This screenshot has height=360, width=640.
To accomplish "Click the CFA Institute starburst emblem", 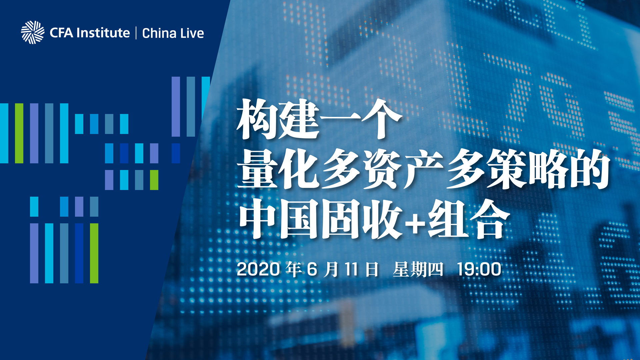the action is click(33, 32).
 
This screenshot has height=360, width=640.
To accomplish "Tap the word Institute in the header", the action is click(103, 33).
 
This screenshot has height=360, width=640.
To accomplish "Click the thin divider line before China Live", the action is click(136, 33).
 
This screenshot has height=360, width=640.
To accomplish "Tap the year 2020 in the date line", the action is click(258, 269).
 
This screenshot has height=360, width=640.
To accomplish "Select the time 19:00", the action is click(479, 269).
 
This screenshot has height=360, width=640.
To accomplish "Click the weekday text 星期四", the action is click(418, 269).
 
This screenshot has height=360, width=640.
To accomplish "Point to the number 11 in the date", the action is click(351, 269).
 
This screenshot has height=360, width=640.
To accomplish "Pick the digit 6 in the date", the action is click(312, 269).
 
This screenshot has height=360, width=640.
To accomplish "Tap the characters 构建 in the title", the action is click(278, 119).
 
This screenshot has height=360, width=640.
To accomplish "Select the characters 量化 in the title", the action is click(278, 169).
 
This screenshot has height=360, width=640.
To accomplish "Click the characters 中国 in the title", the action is click(278, 219).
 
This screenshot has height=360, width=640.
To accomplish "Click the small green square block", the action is click(154, 180).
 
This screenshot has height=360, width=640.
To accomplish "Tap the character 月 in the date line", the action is click(331, 269).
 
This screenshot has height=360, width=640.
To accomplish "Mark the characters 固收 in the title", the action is click(362, 219).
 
